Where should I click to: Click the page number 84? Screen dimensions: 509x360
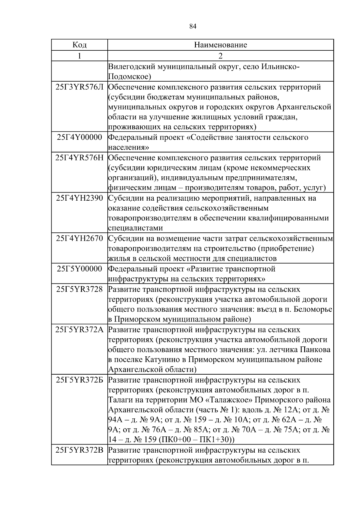193,26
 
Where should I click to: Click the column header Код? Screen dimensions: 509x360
79,45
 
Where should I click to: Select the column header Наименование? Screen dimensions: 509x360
220,45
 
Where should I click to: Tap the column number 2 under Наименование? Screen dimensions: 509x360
220,56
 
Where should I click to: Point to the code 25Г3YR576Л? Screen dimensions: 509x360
79,87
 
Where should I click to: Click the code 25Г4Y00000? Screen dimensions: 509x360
79,137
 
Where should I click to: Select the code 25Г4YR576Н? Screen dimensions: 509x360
79,158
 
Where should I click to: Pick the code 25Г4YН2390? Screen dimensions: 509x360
79,198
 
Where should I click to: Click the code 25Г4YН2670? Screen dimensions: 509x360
79,238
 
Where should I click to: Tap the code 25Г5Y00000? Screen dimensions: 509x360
79,269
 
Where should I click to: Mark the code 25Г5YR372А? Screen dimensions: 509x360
79,330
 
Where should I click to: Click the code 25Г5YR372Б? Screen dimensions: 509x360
79,380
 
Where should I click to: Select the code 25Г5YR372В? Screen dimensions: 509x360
79,450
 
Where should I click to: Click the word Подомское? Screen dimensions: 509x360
128,77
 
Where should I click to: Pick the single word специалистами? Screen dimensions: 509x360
135,228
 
